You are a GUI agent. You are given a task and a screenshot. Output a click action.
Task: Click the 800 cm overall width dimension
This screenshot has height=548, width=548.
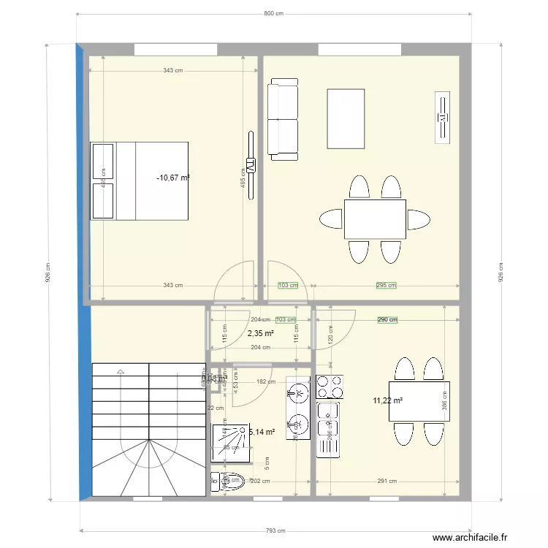pos(273,14)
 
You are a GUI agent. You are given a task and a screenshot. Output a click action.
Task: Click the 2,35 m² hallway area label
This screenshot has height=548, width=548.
pos(261,333)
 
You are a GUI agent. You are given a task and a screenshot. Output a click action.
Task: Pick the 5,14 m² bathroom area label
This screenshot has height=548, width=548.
pos(262,432)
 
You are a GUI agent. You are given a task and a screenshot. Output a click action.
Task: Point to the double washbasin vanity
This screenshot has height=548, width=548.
pos(299,409)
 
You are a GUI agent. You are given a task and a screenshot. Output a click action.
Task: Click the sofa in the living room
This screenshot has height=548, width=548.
pos(283,121)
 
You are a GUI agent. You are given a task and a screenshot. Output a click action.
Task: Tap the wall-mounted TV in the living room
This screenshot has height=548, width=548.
pos(443,117)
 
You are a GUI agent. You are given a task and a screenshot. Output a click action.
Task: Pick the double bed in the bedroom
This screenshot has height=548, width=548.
pos(140,180)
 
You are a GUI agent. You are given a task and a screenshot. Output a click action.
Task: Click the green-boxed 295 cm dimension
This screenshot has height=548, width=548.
pos(386,286)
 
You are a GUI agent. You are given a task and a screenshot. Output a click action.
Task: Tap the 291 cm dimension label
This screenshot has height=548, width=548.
pos(387,481)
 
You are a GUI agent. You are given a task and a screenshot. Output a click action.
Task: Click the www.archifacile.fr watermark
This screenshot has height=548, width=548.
pos(470,538)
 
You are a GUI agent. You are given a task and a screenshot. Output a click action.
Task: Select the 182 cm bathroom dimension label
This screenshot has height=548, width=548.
pos(266,381)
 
